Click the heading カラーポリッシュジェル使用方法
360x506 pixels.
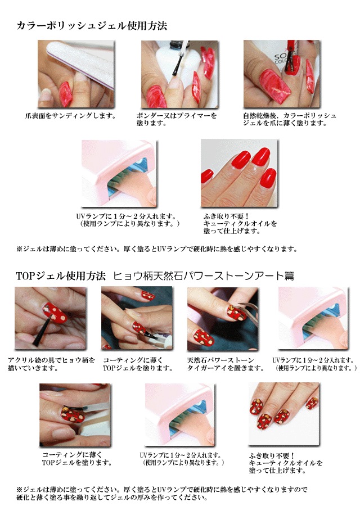point(92,26)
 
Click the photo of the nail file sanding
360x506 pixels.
point(76,74)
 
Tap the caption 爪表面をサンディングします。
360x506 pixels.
point(71,115)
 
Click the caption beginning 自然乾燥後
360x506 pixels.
point(290,119)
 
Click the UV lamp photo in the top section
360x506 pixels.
point(119,173)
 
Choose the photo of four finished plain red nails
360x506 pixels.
point(239,173)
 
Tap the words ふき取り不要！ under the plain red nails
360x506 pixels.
point(226,216)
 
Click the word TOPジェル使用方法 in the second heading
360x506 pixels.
point(61,276)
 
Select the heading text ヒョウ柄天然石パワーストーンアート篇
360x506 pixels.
point(204,276)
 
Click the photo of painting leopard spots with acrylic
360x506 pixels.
point(51,318)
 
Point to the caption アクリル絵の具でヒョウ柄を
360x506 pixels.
point(51,360)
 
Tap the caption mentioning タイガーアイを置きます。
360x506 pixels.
point(226,368)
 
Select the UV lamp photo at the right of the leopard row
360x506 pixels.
point(313,318)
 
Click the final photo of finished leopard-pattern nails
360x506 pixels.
point(284,414)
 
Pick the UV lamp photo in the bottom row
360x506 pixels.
point(180,415)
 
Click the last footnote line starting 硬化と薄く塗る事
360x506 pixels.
point(112,498)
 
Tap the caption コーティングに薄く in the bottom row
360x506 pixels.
point(72,454)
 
